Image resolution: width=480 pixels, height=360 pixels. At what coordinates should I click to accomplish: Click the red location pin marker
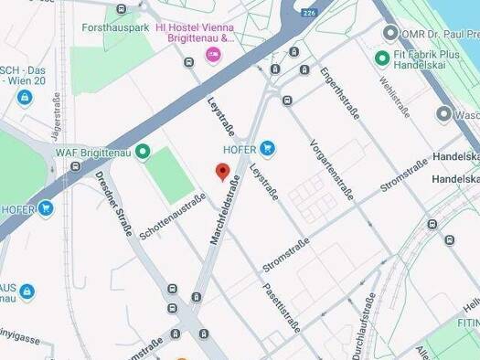tap(221, 172)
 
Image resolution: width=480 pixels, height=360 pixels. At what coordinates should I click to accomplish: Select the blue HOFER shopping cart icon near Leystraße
tap(267, 148)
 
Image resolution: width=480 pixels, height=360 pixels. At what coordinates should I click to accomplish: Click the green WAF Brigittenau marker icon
tap(144, 153)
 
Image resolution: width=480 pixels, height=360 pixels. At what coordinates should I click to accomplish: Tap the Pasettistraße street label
tap(281, 305)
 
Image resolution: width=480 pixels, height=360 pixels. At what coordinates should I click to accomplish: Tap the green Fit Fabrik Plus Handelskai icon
tap(382, 58)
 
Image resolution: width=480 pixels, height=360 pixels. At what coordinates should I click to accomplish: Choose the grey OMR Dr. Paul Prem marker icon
tap(391, 34)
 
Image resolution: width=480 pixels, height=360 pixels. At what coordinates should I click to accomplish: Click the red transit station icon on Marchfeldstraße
tap(204, 334)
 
